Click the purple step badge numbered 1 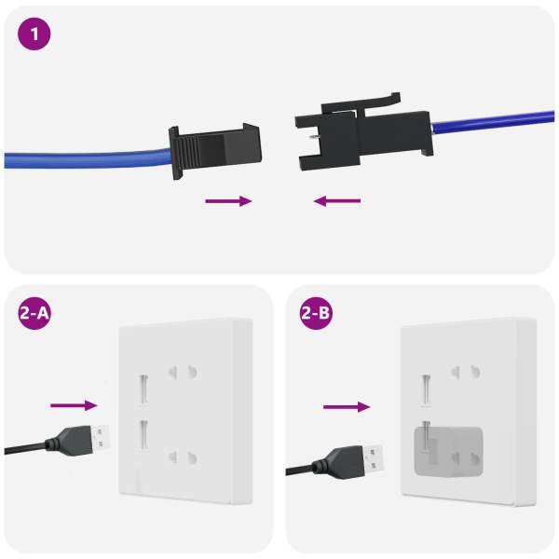pos(34,34)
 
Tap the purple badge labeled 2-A pos(34,313)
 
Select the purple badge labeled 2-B pos(316,313)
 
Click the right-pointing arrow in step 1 pos(228,201)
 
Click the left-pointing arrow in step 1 pos(337,201)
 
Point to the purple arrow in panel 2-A pos(74,405)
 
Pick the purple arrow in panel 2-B pos(347,407)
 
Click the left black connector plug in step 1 pos(215,152)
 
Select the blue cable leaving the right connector pos(493,123)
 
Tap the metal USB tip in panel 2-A pos(101,438)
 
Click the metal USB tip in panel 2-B pos(374,458)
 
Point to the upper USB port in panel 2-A pos(143,389)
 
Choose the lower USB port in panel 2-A pos(144,436)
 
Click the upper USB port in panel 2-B pos(426,389)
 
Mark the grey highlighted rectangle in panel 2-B pos(448,452)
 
